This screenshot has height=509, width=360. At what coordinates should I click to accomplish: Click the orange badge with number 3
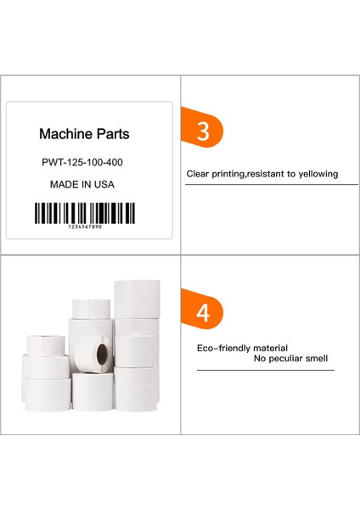pos(204,131)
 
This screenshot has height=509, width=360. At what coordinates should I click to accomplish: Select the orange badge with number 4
pos(204,311)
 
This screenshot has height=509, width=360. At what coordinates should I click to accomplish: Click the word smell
pos(317,359)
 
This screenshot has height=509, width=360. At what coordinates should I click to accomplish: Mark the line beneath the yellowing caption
pos(271,184)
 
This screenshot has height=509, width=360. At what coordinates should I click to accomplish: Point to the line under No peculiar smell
pos(265,370)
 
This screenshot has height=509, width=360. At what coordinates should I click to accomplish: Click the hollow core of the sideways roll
pos(95,350)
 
